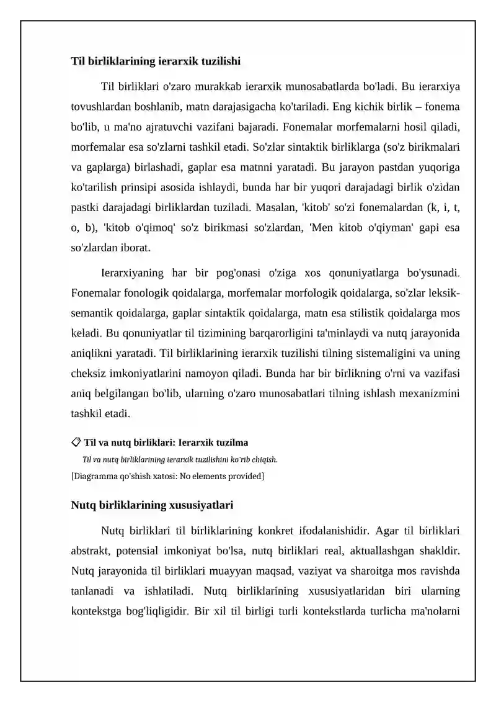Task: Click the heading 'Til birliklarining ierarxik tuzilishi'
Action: coord(156,61)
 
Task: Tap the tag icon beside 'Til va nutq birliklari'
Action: coord(75,442)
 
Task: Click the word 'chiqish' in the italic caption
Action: coord(263,460)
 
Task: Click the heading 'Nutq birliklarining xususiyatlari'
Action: coord(152,505)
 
